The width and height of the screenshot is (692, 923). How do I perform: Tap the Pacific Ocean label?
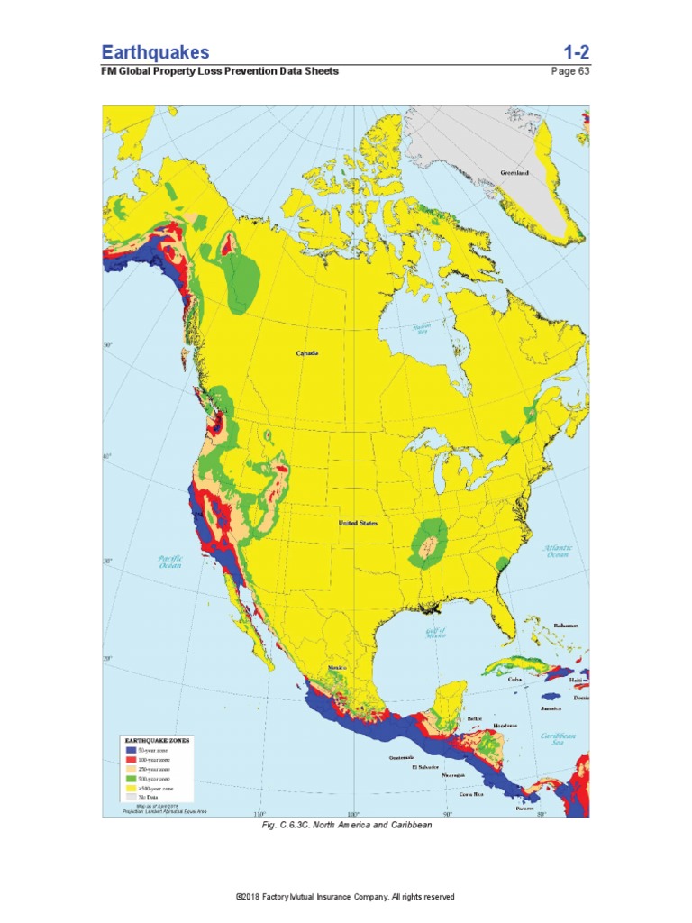(170, 562)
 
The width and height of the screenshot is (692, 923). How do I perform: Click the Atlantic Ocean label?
(558, 552)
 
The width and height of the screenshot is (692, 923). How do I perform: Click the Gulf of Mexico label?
(436, 633)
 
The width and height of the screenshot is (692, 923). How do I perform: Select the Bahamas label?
(566, 626)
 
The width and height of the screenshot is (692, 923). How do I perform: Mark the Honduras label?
(505, 725)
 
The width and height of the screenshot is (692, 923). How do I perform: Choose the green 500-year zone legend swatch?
(130, 778)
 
